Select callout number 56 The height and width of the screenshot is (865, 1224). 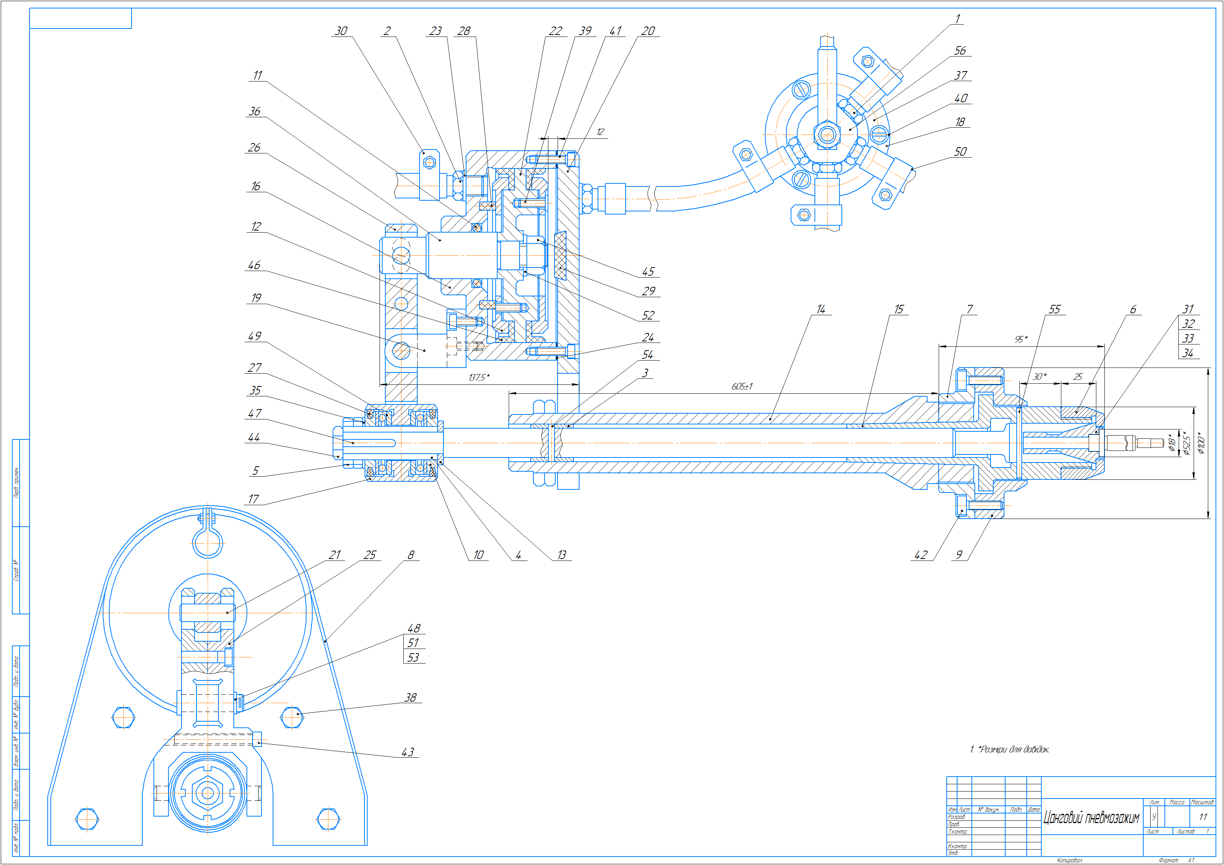959,51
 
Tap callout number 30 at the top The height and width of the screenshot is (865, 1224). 341,31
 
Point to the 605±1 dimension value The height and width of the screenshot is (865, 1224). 741,386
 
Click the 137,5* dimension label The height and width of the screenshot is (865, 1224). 479,378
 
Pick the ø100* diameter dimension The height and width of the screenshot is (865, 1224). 1201,443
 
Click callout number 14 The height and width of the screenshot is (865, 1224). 821,309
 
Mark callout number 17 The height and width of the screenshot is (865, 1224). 254,499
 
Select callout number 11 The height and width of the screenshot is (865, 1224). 258,75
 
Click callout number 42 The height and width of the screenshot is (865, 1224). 921,555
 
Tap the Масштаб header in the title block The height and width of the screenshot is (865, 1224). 1202,802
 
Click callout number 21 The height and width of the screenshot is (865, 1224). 334,555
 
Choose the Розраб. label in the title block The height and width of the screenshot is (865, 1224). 956,817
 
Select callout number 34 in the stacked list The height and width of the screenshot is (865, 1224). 1188,353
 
